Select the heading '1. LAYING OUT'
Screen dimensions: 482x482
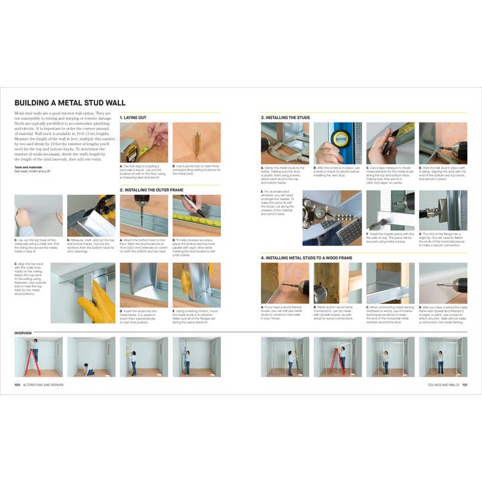[134, 117]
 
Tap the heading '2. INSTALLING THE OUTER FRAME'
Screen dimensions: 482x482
[151, 189]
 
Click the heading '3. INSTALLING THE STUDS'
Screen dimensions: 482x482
[285, 117]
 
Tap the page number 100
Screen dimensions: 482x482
[17, 384]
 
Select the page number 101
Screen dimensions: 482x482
[464, 384]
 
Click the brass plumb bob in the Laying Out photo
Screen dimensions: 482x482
[196, 142]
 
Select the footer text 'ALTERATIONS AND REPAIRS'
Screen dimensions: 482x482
[44, 384]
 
